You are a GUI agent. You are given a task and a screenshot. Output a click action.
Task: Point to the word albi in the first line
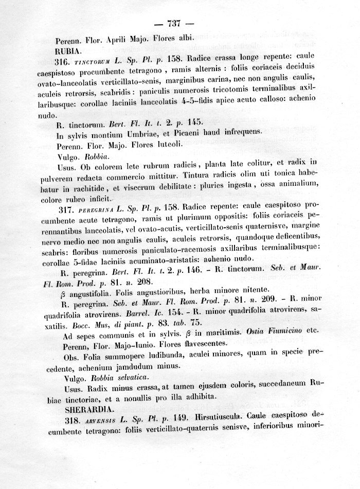tap(184, 38)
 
